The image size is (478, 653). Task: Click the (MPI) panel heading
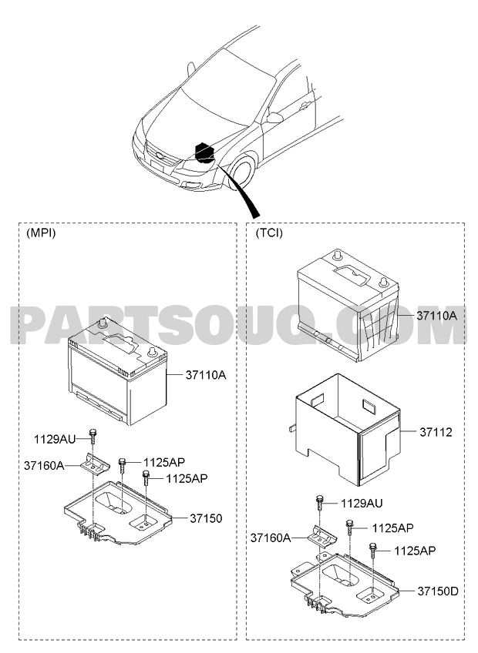click(41, 233)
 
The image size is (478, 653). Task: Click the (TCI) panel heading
click(269, 233)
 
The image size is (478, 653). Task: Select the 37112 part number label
click(436, 432)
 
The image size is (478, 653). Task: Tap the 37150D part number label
click(438, 591)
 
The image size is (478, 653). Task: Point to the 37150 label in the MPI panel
click(207, 518)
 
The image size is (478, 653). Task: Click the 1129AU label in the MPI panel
click(55, 440)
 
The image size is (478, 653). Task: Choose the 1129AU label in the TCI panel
click(362, 504)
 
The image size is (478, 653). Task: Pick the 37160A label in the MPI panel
click(44, 466)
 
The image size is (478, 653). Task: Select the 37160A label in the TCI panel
click(271, 537)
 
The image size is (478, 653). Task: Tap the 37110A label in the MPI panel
click(206, 375)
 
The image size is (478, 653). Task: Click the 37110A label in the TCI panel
click(436, 316)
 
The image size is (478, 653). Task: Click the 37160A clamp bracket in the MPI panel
click(95, 464)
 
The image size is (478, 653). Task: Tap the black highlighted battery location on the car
click(205, 152)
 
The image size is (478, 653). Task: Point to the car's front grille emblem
click(160, 157)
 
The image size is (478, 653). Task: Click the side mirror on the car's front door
click(274, 118)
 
